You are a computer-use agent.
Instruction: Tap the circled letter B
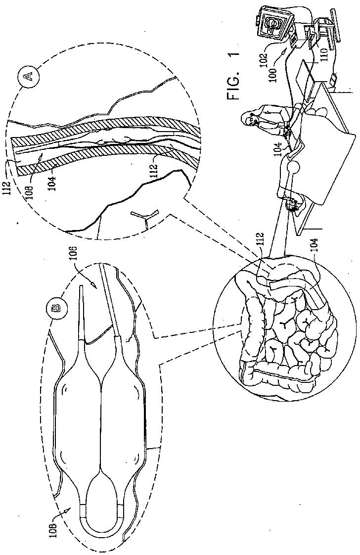pyautogui.click(x=57, y=308)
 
